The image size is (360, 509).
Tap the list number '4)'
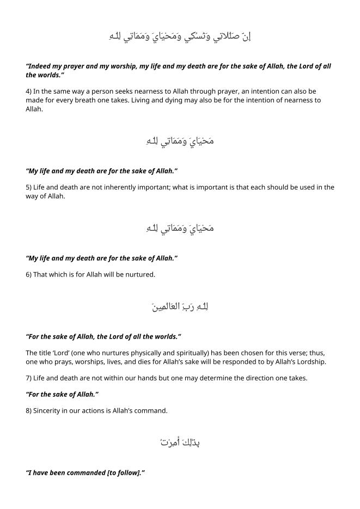click(x=29, y=91)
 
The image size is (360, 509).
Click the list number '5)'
click(x=29, y=187)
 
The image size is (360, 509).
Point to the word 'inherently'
click(x=114, y=187)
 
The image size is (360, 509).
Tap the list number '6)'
click(x=29, y=274)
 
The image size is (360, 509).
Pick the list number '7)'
click(x=29, y=378)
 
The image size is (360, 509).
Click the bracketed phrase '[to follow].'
click(x=125, y=473)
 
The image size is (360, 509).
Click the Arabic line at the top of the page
click(x=180, y=36)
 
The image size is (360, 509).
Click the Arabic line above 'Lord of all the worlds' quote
click(x=180, y=307)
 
